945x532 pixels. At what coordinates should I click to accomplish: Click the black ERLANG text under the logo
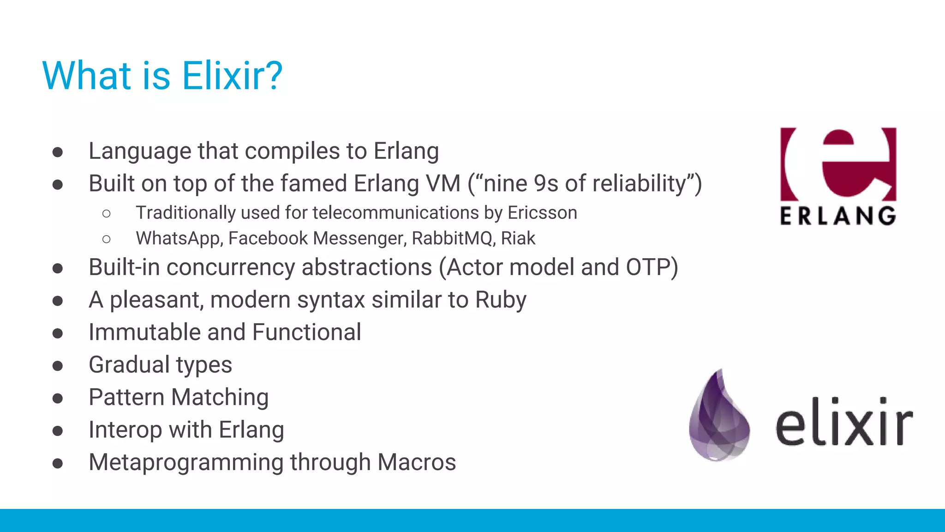click(838, 216)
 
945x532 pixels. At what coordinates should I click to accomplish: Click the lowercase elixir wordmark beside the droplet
click(843, 422)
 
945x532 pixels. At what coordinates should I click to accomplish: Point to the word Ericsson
click(542, 213)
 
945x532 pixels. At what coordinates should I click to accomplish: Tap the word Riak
click(518, 239)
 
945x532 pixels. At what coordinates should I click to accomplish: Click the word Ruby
click(501, 300)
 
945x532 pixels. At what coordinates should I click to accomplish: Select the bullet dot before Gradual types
click(58, 366)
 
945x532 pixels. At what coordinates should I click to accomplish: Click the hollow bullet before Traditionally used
click(107, 213)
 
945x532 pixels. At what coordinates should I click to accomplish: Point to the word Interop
click(125, 430)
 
